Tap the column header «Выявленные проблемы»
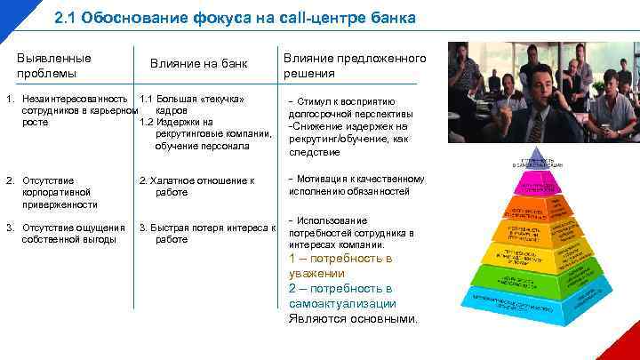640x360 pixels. (x=54, y=65)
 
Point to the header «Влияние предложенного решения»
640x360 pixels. (x=355, y=66)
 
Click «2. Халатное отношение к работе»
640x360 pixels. (x=198, y=186)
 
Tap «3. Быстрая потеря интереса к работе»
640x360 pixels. (x=207, y=233)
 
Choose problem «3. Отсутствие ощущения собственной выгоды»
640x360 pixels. (x=66, y=233)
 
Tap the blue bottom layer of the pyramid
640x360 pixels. (x=540, y=300)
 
